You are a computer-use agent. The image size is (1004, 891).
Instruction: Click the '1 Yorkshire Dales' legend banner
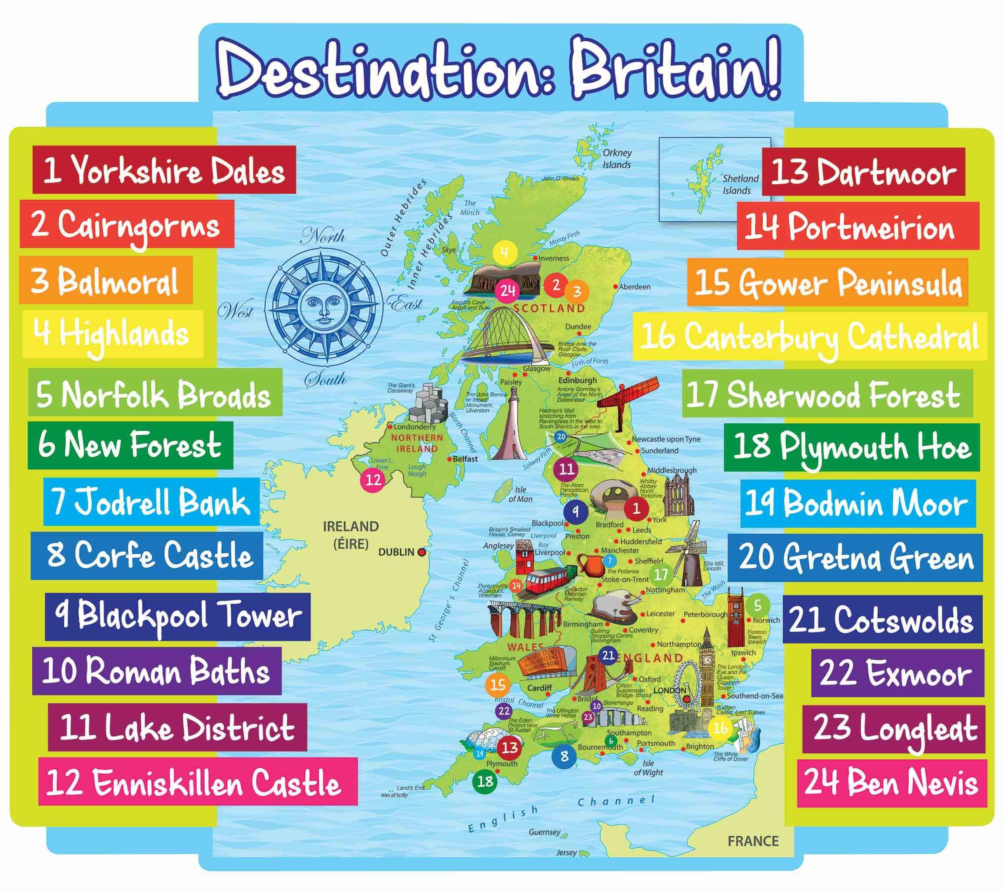click(164, 170)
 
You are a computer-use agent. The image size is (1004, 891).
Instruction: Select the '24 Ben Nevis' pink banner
click(891, 782)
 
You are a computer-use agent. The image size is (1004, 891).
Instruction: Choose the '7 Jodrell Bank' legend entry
click(151, 502)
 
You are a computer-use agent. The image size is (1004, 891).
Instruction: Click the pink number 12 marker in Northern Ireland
click(373, 479)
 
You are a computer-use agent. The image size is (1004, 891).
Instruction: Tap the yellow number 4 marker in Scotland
click(505, 253)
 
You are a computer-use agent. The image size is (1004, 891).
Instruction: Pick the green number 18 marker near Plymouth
click(485, 781)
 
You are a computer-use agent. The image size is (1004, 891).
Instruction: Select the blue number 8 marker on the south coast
click(564, 756)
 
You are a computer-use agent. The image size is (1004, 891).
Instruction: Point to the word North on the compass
click(324, 237)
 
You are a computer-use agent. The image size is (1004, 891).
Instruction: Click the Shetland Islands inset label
click(740, 184)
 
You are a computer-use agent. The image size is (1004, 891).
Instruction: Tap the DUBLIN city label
click(396, 552)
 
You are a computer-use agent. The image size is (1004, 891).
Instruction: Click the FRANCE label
click(753, 841)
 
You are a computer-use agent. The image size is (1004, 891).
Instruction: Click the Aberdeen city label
click(634, 287)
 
